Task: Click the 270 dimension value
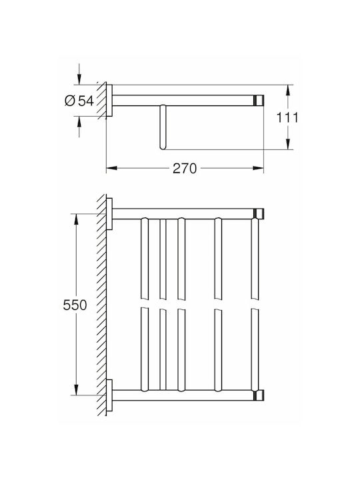click(185, 169)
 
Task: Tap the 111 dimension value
click(287, 117)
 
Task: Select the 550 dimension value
click(75, 305)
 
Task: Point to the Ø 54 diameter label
click(79, 101)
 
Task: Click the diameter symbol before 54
click(70, 101)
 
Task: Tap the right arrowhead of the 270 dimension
click(258, 168)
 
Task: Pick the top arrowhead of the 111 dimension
click(288, 90)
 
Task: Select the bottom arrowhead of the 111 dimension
click(288, 144)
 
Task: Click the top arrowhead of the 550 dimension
click(76, 219)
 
